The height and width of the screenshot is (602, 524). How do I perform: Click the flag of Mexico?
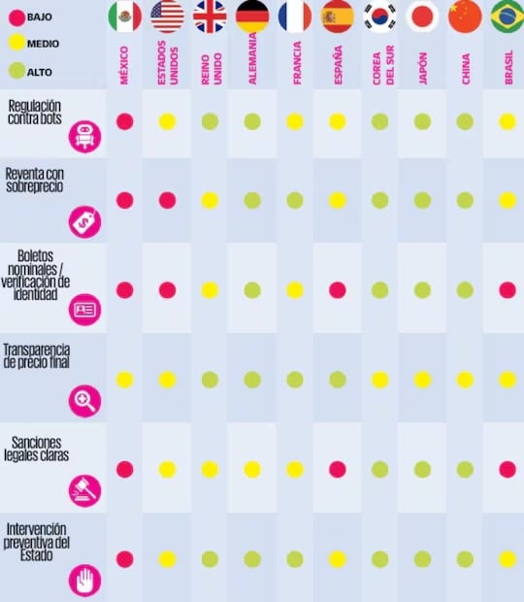(124, 17)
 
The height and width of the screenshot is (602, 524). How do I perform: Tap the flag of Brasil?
(508, 17)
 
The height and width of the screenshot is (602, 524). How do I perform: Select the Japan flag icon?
(422, 17)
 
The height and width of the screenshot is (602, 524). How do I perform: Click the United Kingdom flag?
(210, 17)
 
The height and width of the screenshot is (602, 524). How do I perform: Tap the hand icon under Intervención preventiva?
(84, 580)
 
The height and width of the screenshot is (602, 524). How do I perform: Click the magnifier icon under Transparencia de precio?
(84, 401)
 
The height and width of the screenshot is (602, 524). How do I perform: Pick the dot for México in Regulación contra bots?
(124, 121)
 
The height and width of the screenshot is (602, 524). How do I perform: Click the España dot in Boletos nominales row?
(338, 289)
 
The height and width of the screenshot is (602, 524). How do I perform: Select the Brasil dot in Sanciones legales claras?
(508, 469)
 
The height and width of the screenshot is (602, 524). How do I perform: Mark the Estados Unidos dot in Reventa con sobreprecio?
(167, 200)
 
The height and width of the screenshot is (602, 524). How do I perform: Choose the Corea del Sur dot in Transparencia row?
(379, 380)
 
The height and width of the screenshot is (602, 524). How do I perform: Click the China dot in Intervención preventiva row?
(465, 559)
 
